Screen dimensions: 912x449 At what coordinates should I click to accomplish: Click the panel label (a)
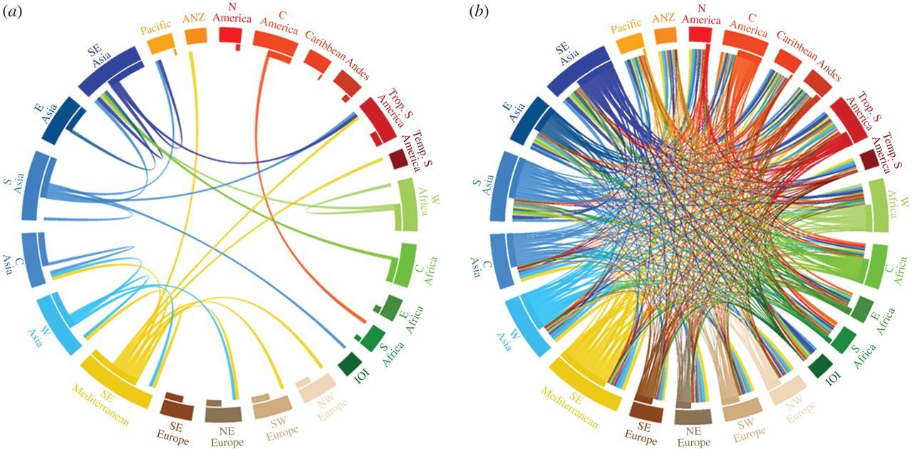tap(12, 12)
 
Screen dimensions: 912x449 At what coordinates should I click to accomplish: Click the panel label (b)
tap(479, 12)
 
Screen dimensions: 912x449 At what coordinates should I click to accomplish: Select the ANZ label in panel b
tap(663, 19)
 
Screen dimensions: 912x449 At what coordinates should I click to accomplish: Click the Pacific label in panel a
tap(155, 27)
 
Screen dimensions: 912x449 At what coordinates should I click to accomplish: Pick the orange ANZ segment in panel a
tap(196, 36)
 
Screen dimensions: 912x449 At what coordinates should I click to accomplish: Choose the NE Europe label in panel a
tap(227, 437)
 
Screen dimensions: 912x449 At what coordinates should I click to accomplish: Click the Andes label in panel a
tap(356, 66)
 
